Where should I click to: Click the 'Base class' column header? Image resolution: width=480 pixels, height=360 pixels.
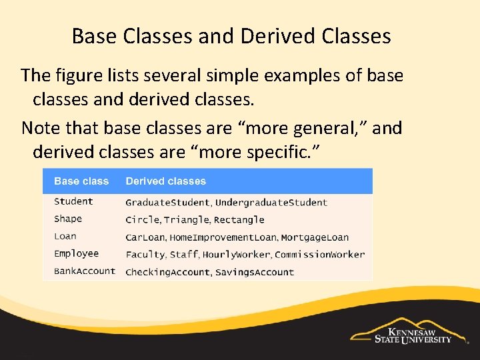pos(81,181)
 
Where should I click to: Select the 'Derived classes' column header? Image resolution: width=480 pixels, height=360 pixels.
pos(165,181)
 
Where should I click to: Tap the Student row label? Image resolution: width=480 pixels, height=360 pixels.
pos(73,201)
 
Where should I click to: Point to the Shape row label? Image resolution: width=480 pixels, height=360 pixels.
pos(68,219)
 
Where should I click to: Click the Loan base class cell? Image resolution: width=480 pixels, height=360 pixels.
pos(65,236)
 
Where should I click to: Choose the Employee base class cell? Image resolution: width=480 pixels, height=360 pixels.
pos(76,253)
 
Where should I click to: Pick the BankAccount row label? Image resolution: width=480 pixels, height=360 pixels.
pos(85,271)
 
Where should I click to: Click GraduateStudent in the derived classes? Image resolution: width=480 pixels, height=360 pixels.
pos(168,203)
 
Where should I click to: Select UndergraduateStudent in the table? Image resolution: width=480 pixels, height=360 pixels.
pos(271,203)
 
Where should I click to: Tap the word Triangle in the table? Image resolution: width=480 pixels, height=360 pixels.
pos(187,220)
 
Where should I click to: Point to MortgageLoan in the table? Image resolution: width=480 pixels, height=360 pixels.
pos(315,237)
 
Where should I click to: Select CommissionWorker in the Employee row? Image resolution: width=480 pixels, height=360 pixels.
pos(319,255)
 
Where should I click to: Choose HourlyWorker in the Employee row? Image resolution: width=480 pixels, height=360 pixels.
pos(237,255)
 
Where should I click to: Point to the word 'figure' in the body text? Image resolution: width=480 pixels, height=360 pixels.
pos(86,75)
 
